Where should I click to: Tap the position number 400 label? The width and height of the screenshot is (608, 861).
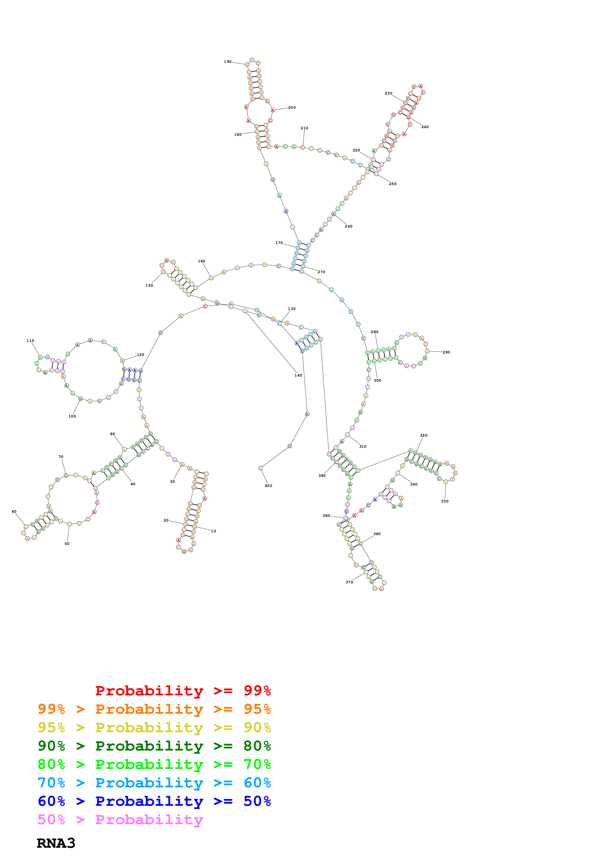pos(268,486)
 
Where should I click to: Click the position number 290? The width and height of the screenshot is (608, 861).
pos(446,352)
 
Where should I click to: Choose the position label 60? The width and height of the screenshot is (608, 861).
pos(14,511)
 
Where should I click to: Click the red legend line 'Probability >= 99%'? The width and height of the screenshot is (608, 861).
pos(183,690)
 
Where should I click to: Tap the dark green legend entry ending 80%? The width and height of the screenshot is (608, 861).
pos(154,746)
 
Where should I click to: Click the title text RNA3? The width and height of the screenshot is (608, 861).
pos(56,843)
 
